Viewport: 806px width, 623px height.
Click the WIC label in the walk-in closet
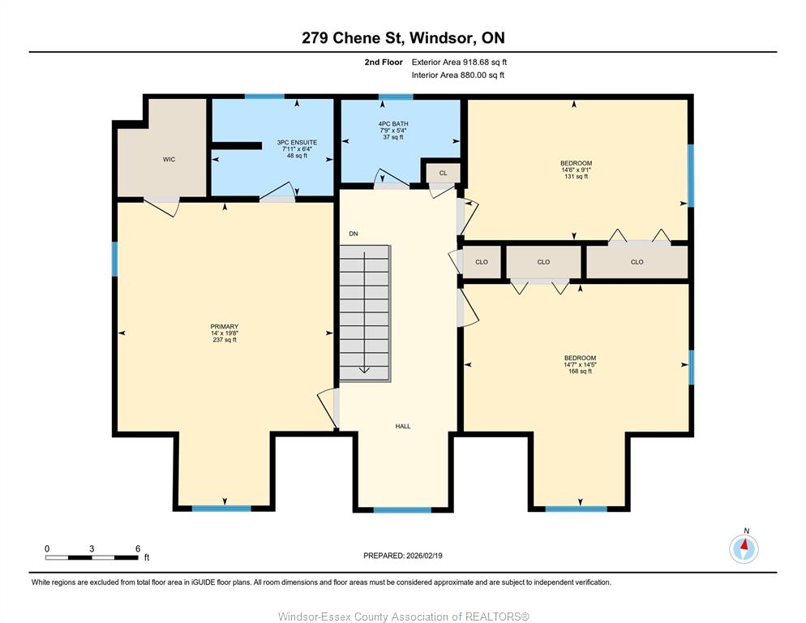point(169,160)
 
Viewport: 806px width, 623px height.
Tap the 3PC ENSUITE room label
point(297,143)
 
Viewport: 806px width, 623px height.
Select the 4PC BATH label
point(393,124)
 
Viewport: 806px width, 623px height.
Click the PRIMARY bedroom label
point(225,327)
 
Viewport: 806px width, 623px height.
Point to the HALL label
point(403,426)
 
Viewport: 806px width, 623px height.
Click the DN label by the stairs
point(354,234)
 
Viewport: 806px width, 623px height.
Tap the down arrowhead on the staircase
point(364,369)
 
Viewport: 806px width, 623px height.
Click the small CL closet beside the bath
point(443,174)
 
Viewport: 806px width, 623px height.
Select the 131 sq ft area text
point(577,177)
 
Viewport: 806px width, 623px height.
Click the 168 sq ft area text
point(581,371)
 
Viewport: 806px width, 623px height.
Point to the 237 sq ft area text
point(225,340)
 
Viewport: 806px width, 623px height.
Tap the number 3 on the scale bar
point(92,548)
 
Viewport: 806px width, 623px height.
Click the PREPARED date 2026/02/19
point(424,556)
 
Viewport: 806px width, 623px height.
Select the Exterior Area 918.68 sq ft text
point(459,62)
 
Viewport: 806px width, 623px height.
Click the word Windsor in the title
point(442,37)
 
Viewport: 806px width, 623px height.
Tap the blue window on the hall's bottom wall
point(402,509)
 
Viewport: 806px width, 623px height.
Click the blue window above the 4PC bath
point(396,97)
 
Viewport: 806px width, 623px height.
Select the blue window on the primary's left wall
point(114,259)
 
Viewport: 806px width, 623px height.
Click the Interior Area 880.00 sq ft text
point(458,75)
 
